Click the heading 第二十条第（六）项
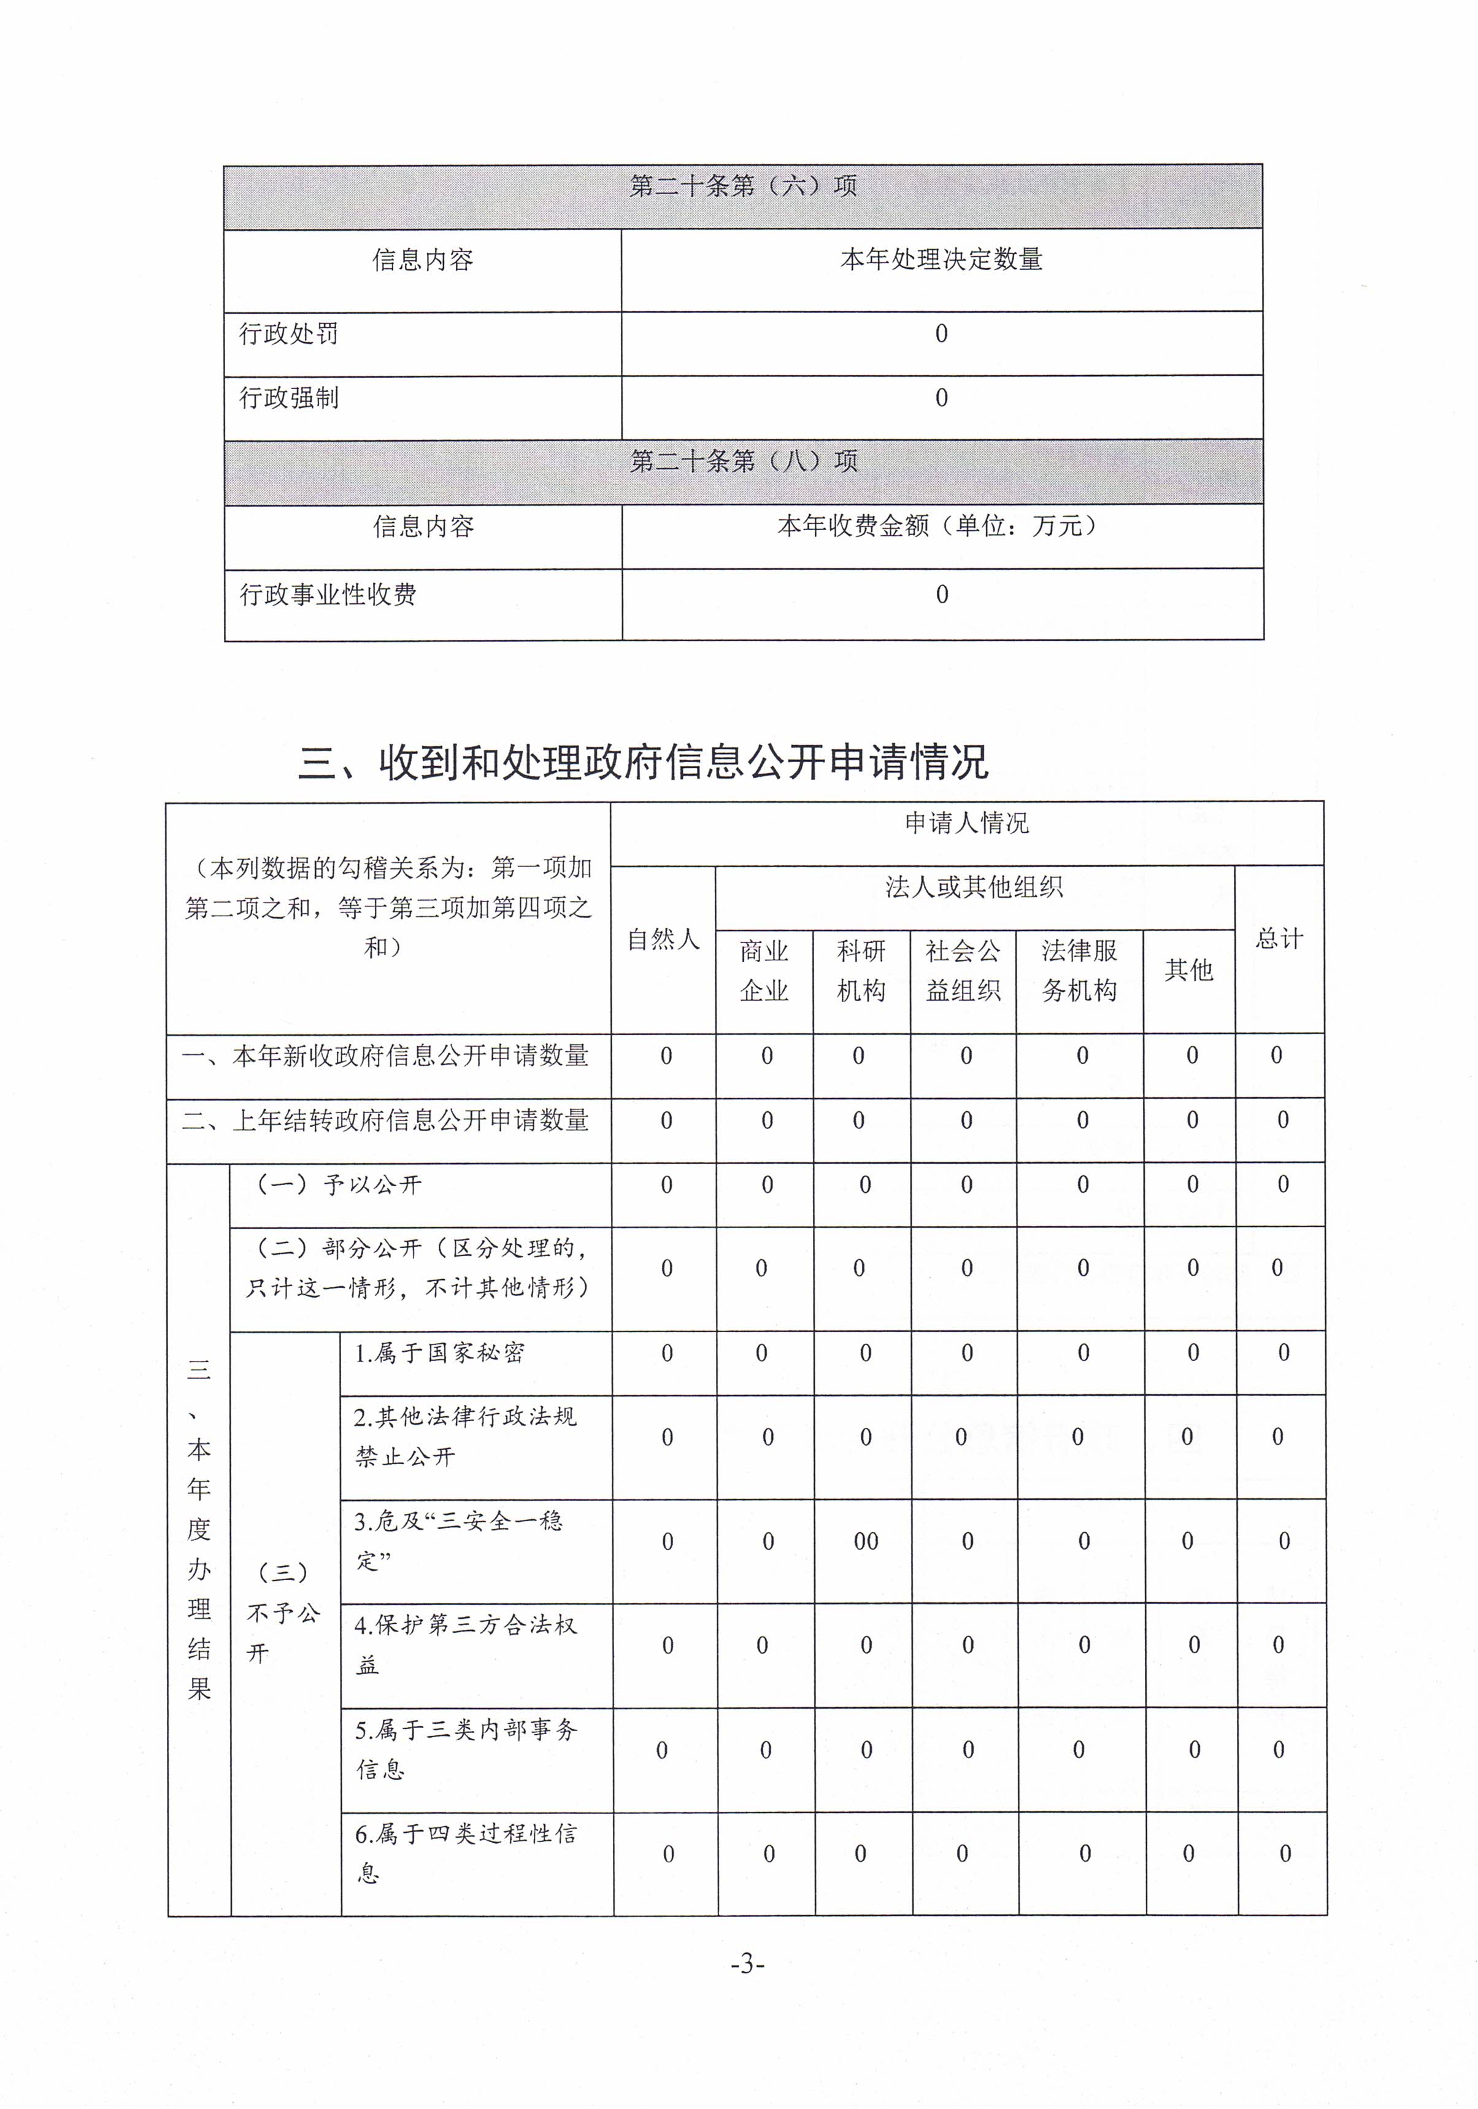[x=742, y=187]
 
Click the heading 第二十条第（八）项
[x=742, y=461]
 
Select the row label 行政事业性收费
[x=328, y=595]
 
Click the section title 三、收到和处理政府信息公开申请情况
[x=643, y=762]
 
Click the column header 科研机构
[x=861, y=971]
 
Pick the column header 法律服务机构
[x=1079, y=971]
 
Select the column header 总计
[x=1279, y=939]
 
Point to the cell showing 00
[x=865, y=1541]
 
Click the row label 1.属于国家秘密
[x=439, y=1353]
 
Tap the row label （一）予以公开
[x=338, y=1185]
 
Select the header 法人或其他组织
[x=974, y=887]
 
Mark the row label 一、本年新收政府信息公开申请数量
[x=386, y=1056]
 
